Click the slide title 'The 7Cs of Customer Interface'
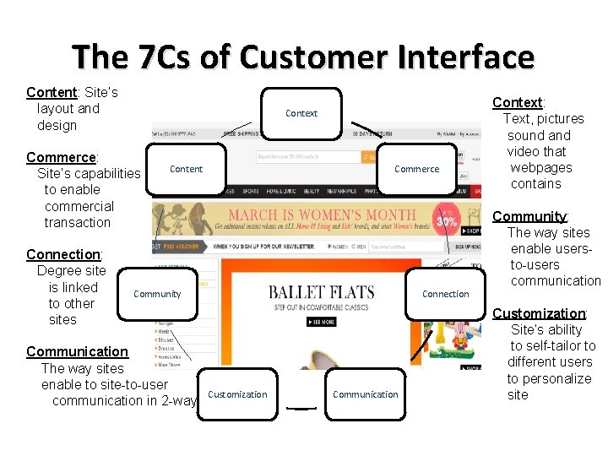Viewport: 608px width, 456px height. (x=303, y=57)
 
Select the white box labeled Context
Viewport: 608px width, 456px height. (x=301, y=113)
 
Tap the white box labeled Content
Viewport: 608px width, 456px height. (x=186, y=169)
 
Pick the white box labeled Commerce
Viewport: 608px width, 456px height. (x=416, y=169)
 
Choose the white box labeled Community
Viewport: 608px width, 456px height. (x=157, y=294)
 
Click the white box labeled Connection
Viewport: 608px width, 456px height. (x=445, y=294)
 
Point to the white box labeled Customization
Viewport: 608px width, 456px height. (x=237, y=394)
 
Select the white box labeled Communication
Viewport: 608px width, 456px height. (x=366, y=394)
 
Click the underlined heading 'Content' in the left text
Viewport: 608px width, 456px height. (x=52, y=92)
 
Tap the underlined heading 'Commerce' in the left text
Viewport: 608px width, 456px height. (x=62, y=157)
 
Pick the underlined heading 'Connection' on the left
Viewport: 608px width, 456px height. (x=63, y=254)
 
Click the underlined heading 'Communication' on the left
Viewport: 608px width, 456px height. (x=77, y=351)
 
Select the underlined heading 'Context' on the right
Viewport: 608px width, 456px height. (x=517, y=102)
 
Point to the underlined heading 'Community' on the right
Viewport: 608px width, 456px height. (x=529, y=216)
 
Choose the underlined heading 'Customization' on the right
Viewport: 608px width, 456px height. (x=539, y=313)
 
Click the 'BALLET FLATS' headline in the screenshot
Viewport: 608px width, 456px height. (x=321, y=293)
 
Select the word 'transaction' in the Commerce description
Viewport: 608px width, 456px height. (x=77, y=222)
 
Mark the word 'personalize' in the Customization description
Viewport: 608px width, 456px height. (x=549, y=378)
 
